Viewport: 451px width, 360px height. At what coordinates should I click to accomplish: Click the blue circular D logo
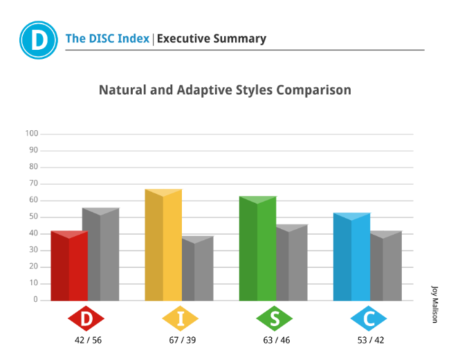[x=39, y=40]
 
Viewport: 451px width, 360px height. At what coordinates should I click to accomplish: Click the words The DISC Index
[x=107, y=39]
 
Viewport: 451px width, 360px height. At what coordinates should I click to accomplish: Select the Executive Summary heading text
[x=212, y=39]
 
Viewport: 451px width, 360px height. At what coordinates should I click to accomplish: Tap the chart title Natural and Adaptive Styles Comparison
[x=225, y=90]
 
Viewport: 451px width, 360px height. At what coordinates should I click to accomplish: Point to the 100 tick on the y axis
[x=32, y=133]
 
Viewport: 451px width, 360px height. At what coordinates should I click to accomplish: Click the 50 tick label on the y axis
[x=34, y=217]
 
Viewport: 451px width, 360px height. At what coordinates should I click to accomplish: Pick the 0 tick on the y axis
[x=36, y=299]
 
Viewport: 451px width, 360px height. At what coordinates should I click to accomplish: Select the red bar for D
[x=69, y=266]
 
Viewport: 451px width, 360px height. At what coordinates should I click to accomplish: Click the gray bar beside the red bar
[x=104, y=254]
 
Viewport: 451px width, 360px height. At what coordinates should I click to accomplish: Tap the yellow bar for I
[x=163, y=245]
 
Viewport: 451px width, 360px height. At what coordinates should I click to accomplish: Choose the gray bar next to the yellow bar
[x=198, y=269]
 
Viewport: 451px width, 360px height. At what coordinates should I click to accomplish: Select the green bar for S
[x=258, y=249]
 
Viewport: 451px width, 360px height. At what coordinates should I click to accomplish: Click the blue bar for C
[x=352, y=257]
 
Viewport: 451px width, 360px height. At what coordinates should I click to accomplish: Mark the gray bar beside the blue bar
[x=386, y=266]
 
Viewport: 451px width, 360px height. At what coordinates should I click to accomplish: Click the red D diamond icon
[x=86, y=318]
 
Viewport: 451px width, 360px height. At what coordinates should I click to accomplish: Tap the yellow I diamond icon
[x=181, y=318]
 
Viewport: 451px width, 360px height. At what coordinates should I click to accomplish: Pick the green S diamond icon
[x=275, y=318]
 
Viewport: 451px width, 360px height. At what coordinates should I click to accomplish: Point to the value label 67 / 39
[x=183, y=340]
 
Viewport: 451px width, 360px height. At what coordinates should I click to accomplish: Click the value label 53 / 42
[x=371, y=340]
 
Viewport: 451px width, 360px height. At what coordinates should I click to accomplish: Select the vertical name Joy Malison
[x=434, y=305]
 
